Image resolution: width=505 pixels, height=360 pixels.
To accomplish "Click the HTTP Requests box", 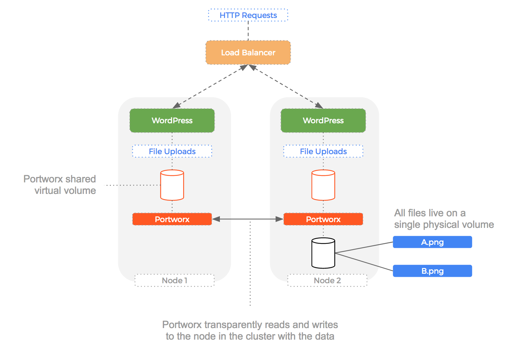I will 248,15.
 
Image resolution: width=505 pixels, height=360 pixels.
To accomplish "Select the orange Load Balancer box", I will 248,53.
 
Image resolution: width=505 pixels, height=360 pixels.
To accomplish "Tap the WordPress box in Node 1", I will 172,121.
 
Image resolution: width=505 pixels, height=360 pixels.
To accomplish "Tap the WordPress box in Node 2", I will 323,121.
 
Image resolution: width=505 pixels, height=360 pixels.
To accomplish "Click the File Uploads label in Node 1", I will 172,151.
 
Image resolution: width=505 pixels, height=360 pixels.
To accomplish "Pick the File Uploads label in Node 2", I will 323,151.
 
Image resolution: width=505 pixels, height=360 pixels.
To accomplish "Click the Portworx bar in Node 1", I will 172,219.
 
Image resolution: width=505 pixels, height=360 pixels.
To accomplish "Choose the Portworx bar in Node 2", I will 323,219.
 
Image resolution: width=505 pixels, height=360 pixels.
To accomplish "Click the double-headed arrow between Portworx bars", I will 248,219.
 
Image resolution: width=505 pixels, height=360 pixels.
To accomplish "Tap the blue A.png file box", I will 432,242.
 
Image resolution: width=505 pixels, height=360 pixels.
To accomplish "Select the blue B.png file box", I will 432,271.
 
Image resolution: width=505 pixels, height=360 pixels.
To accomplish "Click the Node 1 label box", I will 174,281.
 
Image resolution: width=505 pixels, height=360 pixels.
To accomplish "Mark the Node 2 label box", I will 327,281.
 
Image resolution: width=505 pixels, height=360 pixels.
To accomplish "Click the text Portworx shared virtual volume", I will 60,185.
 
